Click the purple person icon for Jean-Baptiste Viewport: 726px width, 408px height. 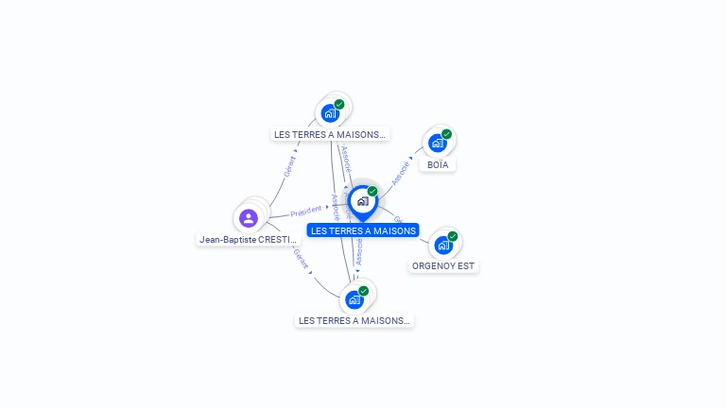[x=249, y=218]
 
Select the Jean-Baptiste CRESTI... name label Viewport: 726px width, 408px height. [x=248, y=240]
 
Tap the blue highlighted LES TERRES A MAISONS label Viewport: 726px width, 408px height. [x=363, y=230]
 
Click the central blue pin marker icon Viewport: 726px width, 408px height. [x=362, y=201]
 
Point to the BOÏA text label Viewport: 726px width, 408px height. [x=438, y=165]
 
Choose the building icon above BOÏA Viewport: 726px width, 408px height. [x=437, y=144]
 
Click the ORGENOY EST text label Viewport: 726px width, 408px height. [x=443, y=266]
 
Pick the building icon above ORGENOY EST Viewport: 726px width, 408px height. [x=442, y=246]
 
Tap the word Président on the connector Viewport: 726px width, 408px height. [x=306, y=212]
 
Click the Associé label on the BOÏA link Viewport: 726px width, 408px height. [x=401, y=172]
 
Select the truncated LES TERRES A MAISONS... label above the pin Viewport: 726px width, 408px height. [x=330, y=135]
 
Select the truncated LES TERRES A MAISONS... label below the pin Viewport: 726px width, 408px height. [x=354, y=321]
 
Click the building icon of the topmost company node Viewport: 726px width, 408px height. [x=330, y=113]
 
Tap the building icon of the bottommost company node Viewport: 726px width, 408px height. [x=354, y=300]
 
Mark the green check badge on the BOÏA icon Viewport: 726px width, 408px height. [x=446, y=134]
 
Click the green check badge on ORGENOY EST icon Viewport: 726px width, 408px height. [x=453, y=236]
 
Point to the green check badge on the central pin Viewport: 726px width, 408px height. [x=372, y=191]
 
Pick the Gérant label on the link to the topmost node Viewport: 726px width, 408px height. [x=290, y=166]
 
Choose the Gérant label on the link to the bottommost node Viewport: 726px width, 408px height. [x=300, y=259]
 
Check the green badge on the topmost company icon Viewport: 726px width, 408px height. [x=339, y=104]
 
